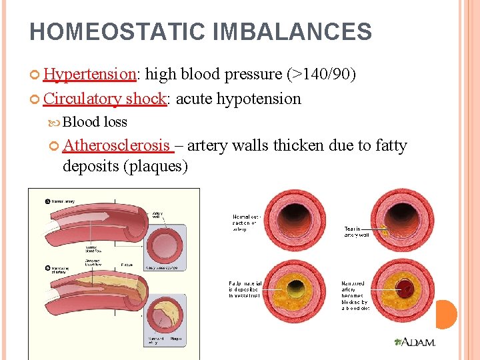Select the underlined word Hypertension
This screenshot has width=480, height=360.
click(89, 74)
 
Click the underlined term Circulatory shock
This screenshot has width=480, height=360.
click(104, 99)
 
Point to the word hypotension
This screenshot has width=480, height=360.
click(259, 99)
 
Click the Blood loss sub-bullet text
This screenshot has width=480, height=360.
click(95, 122)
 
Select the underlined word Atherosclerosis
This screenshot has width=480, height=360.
click(117, 145)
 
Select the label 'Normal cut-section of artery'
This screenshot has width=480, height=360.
click(246, 223)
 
